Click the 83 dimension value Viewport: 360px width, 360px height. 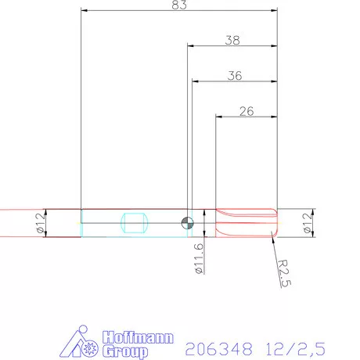point(178,5)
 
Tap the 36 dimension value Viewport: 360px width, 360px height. point(233,76)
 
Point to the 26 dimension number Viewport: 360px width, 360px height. point(245,111)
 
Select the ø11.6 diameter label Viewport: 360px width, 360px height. point(199,258)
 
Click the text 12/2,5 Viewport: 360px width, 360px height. point(294,345)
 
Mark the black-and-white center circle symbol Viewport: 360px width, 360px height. point(186,223)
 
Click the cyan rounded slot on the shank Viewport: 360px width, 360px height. point(135,223)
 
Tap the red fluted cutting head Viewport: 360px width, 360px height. point(244,223)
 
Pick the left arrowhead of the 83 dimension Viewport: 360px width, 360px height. point(85,11)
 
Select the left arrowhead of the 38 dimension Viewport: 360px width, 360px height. point(189,46)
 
